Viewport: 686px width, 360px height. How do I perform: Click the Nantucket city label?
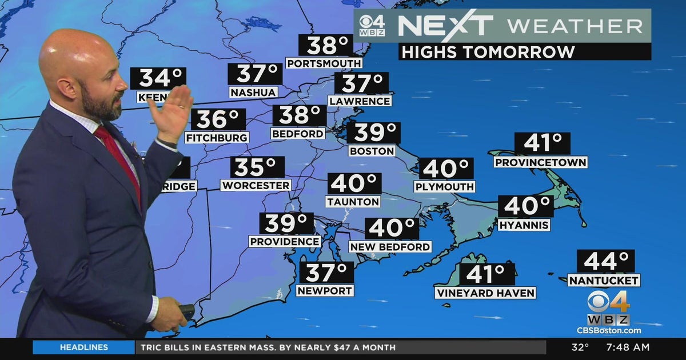pos(604,281)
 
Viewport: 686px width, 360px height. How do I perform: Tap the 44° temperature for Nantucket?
pos(605,261)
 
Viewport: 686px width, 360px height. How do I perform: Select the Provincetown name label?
pos(540,163)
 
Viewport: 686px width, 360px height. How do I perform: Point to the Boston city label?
pos(372,151)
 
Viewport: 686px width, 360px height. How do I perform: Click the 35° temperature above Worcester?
pos(257,167)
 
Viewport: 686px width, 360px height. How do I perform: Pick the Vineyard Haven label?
pos(485,293)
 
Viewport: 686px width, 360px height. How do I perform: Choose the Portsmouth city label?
pos(324,63)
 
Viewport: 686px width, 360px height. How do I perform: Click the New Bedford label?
pos(390,247)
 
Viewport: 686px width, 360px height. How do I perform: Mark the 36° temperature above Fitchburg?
pos(218,119)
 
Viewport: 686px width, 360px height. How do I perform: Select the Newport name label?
pos(325,290)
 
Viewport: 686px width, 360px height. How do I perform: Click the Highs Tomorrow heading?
pos(488,52)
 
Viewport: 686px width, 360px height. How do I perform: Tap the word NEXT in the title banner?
pos(445,26)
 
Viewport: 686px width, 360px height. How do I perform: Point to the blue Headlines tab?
pos(83,347)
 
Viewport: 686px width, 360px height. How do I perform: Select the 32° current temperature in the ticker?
pos(581,347)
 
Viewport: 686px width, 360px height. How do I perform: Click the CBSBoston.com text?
pos(608,330)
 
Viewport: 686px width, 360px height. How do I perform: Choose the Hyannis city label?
pos(524,225)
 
